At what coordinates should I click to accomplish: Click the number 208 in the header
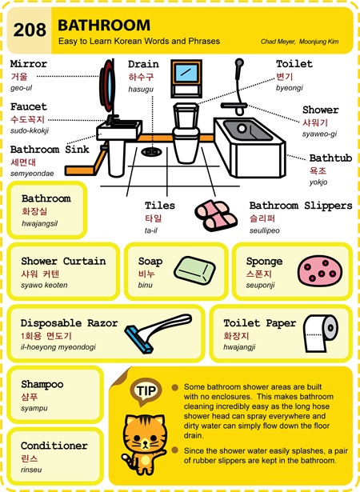pyautogui.click(x=30, y=30)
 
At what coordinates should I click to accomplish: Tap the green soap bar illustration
pyautogui.click(x=194, y=270)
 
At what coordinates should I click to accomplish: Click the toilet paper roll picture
pyautogui.click(x=321, y=333)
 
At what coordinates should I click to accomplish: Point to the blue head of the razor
pyautogui.click(x=138, y=339)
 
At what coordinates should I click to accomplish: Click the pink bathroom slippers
pyautogui.click(x=216, y=215)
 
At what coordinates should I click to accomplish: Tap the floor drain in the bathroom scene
pyautogui.click(x=151, y=152)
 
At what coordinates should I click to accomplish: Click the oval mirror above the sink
pyautogui.click(x=107, y=86)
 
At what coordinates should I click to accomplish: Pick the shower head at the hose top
pyautogui.click(x=239, y=63)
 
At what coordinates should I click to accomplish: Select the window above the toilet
pyautogui.click(x=186, y=78)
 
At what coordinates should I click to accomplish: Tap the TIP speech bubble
pyautogui.click(x=146, y=391)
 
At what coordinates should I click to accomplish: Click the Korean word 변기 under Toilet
pyautogui.click(x=284, y=76)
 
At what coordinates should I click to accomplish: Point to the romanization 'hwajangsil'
pyautogui.click(x=39, y=224)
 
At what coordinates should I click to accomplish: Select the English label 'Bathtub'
pyautogui.click(x=330, y=158)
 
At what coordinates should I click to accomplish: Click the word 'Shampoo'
pyautogui.click(x=42, y=384)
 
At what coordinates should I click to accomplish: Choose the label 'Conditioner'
pyautogui.click(x=54, y=446)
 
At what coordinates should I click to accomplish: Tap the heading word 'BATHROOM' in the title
pyautogui.click(x=104, y=25)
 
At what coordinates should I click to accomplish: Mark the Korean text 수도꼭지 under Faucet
pyautogui.click(x=28, y=119)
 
